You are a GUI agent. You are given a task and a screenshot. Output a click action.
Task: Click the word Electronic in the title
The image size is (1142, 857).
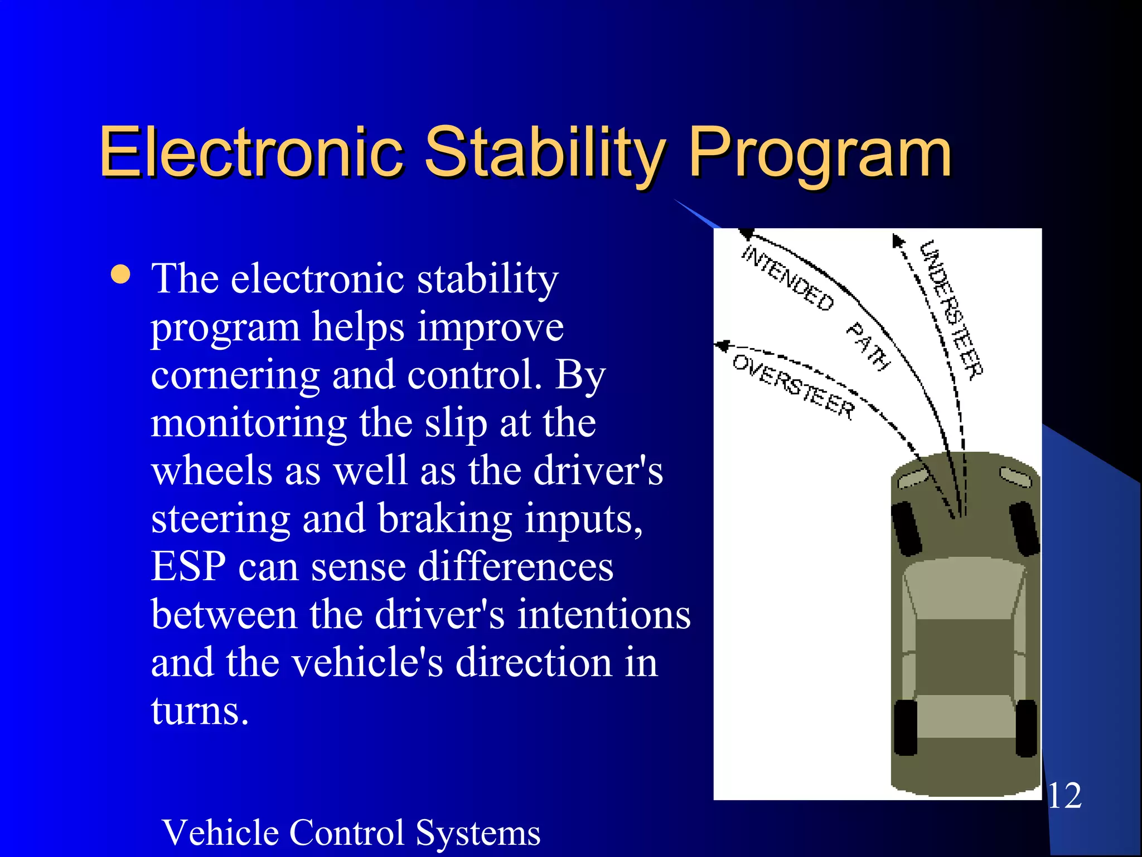coord(251,152)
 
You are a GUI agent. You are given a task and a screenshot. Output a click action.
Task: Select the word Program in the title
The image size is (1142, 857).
coord(820,152)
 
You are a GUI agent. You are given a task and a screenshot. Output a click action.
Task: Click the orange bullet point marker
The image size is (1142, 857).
coord(120,275)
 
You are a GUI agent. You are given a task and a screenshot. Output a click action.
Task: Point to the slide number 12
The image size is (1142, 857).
coord(1065,796)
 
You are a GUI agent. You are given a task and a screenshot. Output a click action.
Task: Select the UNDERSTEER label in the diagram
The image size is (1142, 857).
coord(951,310)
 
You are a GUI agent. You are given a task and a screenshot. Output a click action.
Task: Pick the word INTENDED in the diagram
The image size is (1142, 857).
coord(787,278)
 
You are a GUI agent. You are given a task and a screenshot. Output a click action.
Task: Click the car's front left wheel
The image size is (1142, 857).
coord(907,528)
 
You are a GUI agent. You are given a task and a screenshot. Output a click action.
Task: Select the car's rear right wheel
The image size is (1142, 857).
coord(1027,728)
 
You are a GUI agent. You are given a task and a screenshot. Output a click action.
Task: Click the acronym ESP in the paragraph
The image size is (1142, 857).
coord(188,567)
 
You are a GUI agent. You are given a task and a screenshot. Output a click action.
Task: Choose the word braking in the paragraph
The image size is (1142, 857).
coord(444,519)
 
